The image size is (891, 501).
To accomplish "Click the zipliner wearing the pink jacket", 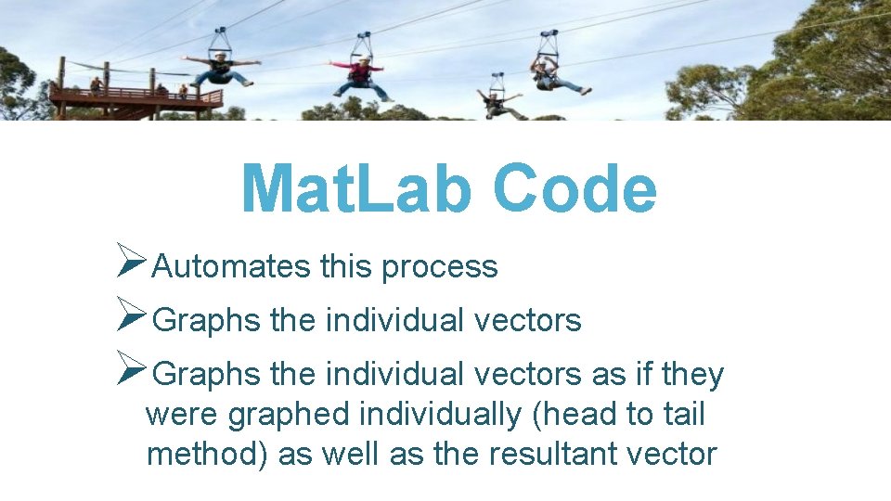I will pyautogui.click(x=360, y=75).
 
